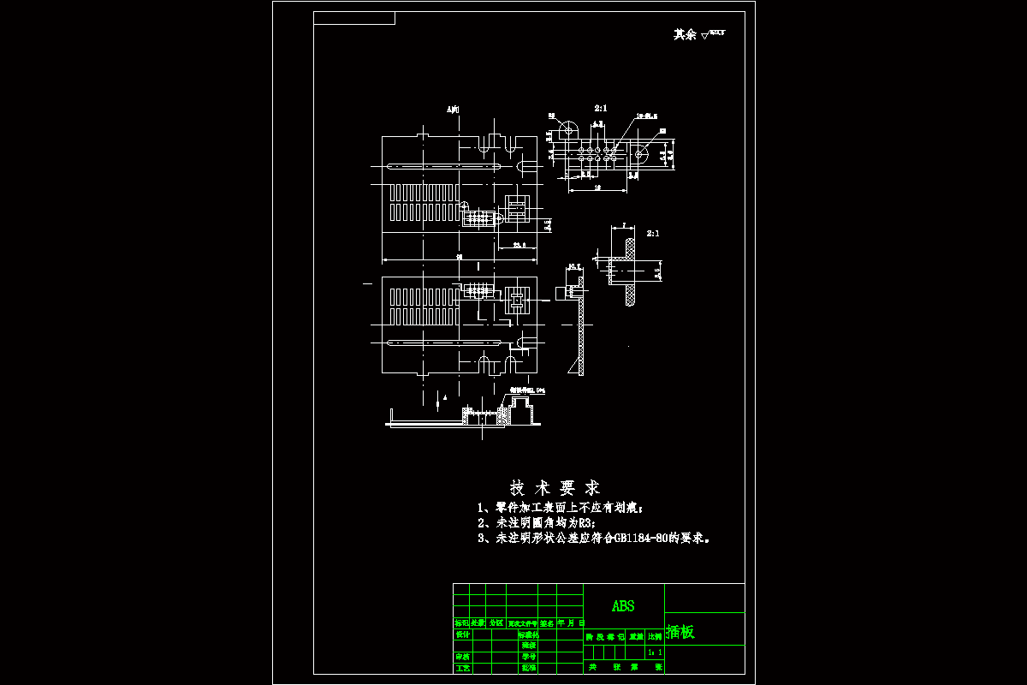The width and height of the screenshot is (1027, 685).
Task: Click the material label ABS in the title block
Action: pyautogui.click(x=623, y=606)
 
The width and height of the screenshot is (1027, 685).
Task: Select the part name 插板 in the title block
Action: pyautogui.click(x=680, y=633)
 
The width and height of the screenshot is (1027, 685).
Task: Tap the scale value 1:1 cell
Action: pyautogui.click(x=654, y=652)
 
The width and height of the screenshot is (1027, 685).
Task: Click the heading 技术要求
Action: pyautogui.click(x=555, y=488)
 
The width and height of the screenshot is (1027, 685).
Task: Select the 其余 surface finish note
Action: pyautogui.click(x=685, y=34)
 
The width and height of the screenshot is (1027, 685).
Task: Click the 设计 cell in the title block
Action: pyautogui.click(x=462, y=634)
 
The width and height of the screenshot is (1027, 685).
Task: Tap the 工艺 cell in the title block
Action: pyautogui.click(x=462, y=667)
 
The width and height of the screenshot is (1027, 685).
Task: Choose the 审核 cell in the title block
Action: pyautogui.click(x=462, y=657)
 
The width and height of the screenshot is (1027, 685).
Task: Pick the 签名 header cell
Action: pyautogui.click(x=547, y=623)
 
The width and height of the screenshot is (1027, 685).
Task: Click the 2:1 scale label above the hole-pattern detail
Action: pyautogui.click(x=601, y=109)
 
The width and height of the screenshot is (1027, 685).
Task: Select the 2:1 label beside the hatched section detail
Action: pyautogui.click(x=653, y=233)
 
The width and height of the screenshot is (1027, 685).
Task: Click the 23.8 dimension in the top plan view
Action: pyautogui.click(x=519, y=246)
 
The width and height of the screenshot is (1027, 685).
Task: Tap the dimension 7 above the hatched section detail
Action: pyautogui.click(x=624, y=225)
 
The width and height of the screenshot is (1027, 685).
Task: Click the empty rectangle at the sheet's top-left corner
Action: pyautogui.click(x=354, y=18)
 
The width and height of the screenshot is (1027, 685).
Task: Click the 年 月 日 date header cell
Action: pyautogui.click(x=571, y=623)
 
